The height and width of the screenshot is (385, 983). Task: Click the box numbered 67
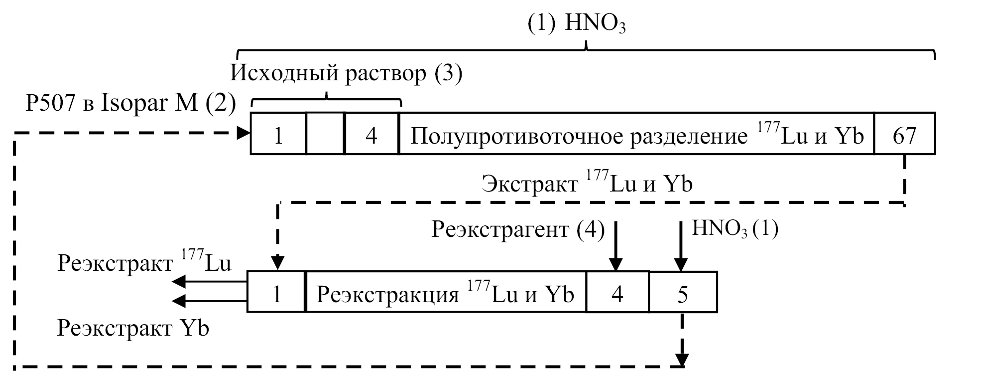904,134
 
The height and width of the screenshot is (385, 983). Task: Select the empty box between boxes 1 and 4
325,134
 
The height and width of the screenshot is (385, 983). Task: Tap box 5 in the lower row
683,292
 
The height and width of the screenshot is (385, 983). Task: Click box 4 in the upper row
371,134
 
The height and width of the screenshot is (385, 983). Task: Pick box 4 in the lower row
617,292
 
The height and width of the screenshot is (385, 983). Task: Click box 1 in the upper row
278,134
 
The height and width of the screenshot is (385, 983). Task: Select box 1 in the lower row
276,292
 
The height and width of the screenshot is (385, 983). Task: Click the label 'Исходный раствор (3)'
346,73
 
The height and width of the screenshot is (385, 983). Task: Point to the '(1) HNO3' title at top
576,24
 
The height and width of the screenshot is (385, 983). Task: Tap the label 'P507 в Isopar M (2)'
130,104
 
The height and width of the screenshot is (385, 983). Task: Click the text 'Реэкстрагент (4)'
518,230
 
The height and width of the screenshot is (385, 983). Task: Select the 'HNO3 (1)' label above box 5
735,229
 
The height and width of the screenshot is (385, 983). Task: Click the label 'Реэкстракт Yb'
133,329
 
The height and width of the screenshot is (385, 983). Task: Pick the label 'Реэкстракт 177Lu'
144,262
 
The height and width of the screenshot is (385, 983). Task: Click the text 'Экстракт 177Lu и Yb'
587,184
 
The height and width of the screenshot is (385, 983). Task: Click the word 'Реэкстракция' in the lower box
387,294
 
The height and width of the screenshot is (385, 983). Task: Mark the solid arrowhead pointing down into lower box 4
616,264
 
